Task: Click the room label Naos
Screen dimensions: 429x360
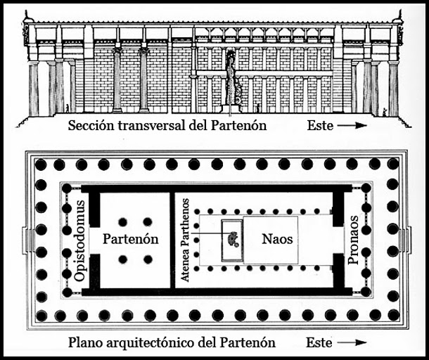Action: point(276,239)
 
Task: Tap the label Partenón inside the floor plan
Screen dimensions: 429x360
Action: point(130,239)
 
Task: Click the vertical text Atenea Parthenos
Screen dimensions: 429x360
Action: point(186,240)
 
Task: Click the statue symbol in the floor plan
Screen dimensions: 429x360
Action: point(233,240)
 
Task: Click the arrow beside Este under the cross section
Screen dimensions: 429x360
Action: point(350,127)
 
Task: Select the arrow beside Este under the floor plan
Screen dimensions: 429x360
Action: point(350,343)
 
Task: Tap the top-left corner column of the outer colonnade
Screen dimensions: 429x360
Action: point(41,165)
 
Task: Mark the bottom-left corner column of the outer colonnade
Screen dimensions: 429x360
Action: point(41,315)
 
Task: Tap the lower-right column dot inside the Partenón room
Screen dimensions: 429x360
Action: point(148,259)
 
